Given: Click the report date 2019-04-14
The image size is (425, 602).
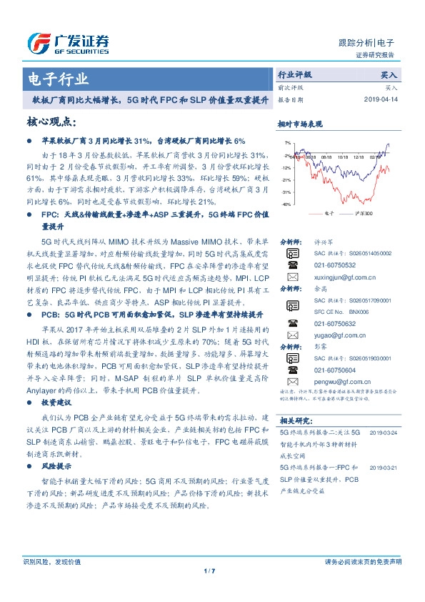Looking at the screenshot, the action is pos(384,99).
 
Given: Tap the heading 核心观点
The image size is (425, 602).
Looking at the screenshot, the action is pos(49,122).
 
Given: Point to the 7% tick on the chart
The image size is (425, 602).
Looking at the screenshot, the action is pos(286,143).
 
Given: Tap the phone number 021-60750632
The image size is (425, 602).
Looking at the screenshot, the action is pos(332,322).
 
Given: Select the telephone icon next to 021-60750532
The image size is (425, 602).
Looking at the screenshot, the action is pos(291,264).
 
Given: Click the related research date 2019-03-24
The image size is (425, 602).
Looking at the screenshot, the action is pos(384,433).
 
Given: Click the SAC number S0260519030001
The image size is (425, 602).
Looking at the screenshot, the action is pos(361,358).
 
